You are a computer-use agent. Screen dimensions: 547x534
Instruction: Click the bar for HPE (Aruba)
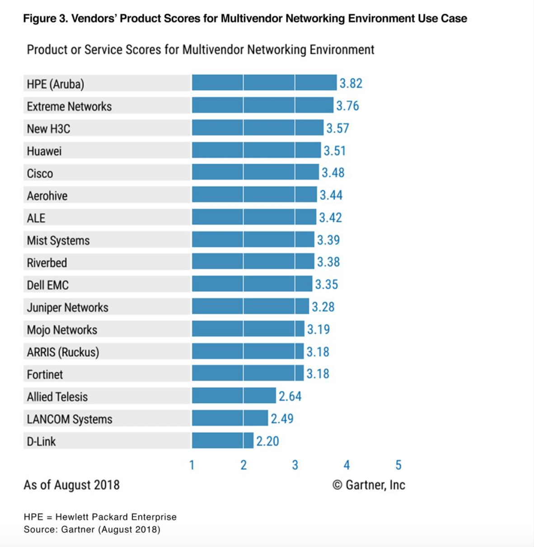click(x=264, y=83)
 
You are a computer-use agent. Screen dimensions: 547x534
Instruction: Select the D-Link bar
click(x=223, y=441)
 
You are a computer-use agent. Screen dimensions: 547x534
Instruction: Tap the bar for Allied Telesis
click(x=234, y=396)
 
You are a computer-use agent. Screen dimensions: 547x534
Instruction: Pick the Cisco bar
click(x=255, y=173)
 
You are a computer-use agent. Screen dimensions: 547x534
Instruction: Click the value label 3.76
click(x=347, y=106)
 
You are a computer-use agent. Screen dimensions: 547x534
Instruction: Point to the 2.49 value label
click(x=282, y=419)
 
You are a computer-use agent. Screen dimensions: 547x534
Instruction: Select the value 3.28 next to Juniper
click(x=323, y=307)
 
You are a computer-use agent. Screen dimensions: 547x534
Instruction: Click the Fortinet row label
click(x=45, y=374)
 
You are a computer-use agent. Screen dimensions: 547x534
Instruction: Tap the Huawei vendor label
click(x=44, y=151)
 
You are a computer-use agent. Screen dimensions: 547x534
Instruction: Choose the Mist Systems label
click(x=58, y=240)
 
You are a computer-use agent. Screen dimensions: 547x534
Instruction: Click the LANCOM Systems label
click(x=70, y=419)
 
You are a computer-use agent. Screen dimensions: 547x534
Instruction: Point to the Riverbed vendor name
click(x=47, y=263)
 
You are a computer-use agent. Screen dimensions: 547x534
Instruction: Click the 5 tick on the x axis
click(x=398, y=465)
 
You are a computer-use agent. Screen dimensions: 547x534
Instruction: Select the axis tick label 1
click(x=192, y=465)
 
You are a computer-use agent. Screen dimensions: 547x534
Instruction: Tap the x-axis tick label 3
click(x=295, y=465)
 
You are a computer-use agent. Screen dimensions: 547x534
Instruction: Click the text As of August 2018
click(x=71, y=485)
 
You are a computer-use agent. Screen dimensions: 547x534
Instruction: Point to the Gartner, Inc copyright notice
click(x=369, y=485)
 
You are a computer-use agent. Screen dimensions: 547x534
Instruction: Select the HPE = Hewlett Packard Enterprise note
click(x=100, y=517)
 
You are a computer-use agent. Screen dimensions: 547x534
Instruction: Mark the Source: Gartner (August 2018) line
click(x=92, y=529)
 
